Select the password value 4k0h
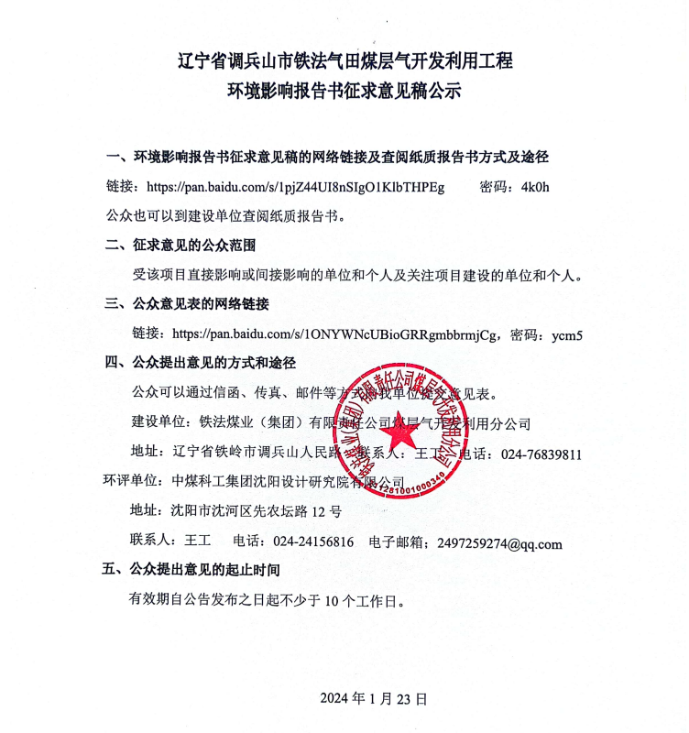pyautogui.click(x=534, y=188)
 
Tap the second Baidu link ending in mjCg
pyautogui.click(x=336, y=334)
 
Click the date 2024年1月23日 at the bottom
pyautogui.click(x=374, y=698)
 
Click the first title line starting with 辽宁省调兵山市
pyautogui.click(x=344, y=61)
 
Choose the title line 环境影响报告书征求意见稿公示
pyautogui.click(x=344, y=91)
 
